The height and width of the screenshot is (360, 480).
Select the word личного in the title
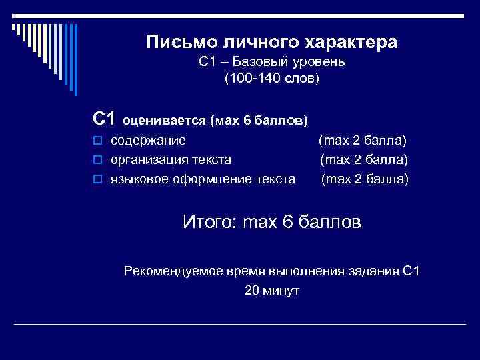pyautogui.click(x=253, y=43)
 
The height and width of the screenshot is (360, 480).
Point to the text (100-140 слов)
pyautogui.click(x=272, y=79)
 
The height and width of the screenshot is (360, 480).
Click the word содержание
pyautogui.click(x=148, y=141)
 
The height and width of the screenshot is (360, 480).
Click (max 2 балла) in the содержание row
pyautogui.click(x=363, y=141)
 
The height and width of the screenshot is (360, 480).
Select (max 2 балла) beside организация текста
pyautogui.click(x=364, y=160)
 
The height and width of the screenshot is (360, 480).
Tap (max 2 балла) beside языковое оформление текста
pyautogui.click(x=365, y=179)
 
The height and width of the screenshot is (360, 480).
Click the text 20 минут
pyautogui.click(x=272, y=291)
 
